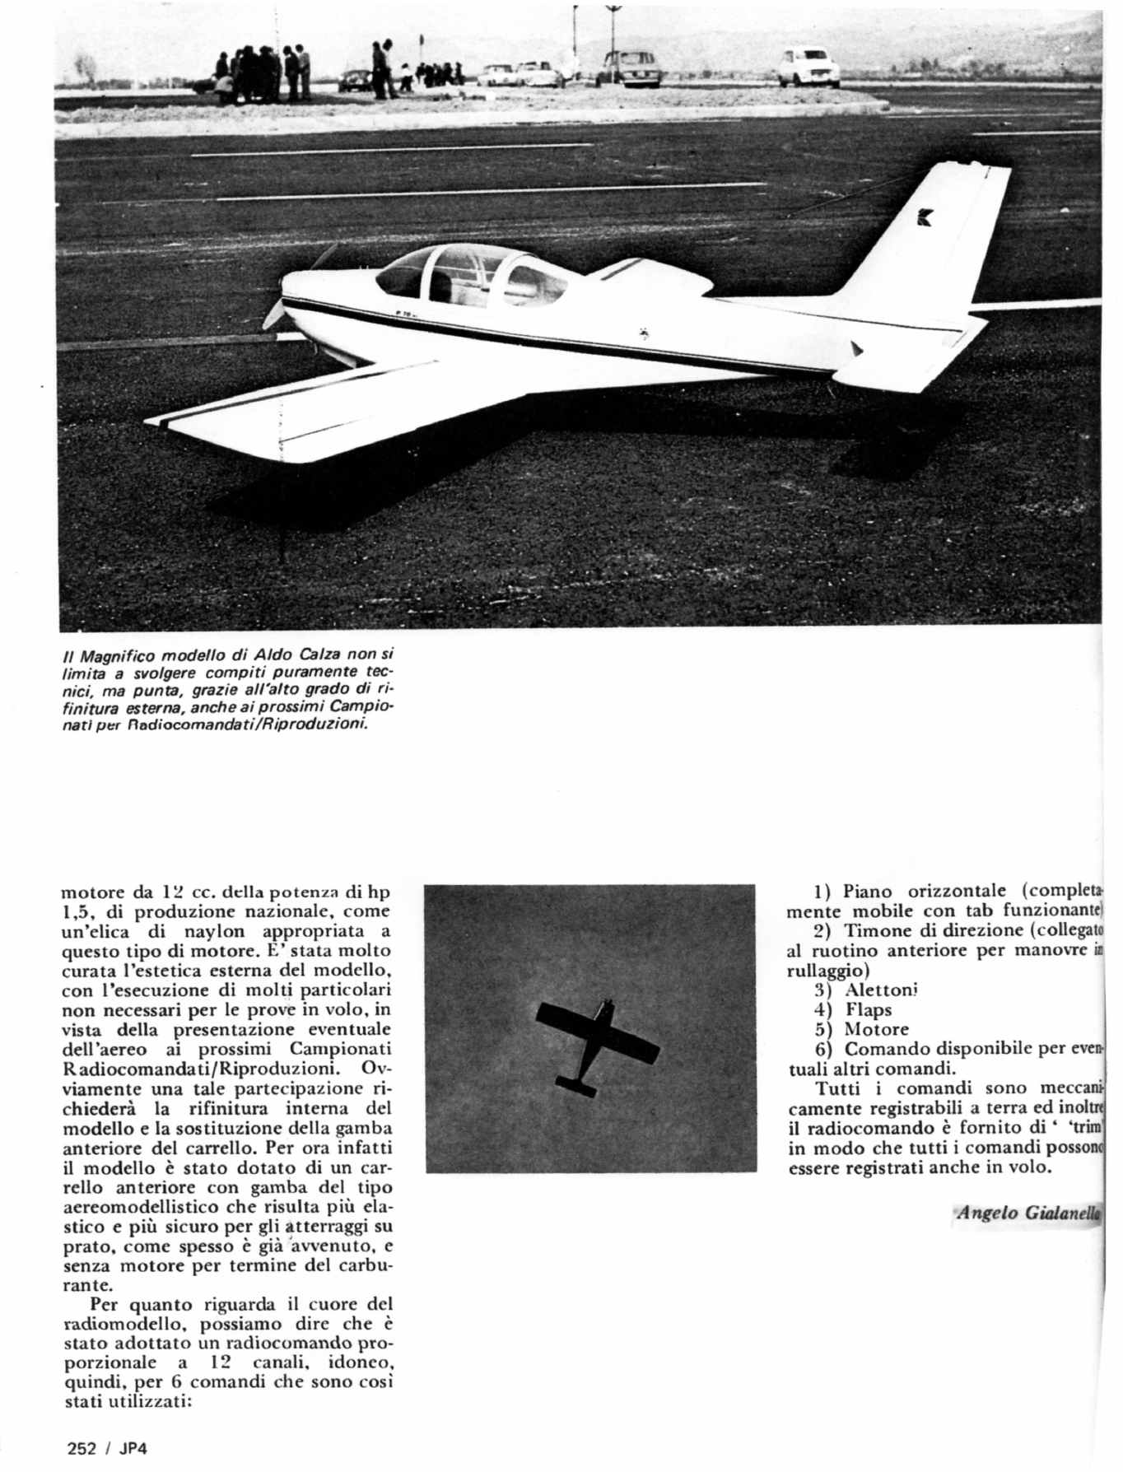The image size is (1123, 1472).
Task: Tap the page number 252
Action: point(82,1449)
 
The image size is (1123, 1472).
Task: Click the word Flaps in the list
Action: point(869,1009)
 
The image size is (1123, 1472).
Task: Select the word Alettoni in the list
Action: point(881,990)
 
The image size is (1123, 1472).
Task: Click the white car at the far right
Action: point(809,66)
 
